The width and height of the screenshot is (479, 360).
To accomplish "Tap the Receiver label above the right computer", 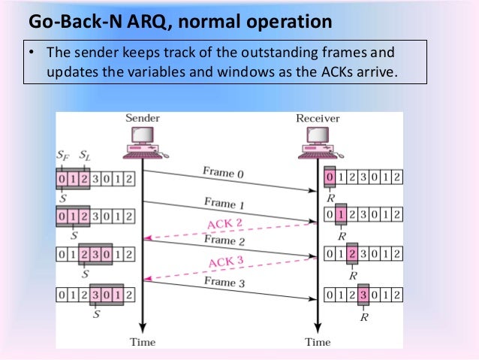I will (x=318, y=118).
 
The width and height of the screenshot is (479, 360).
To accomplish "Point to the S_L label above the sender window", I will (x=86, y=156).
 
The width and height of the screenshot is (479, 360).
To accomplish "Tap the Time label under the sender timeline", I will (x=142, y=342).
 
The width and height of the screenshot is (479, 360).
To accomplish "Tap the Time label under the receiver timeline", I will (x=318, y=342).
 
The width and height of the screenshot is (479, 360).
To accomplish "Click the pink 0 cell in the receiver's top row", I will (x=330, y=178).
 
